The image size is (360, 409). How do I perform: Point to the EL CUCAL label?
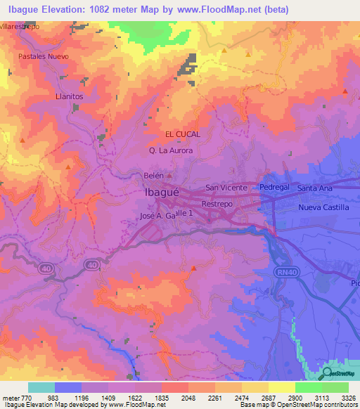click(183, 134)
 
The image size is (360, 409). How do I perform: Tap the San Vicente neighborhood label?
click(226, 188)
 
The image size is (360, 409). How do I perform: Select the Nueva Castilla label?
click(323, 207)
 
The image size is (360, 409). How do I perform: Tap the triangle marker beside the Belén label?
click(169, 175)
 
